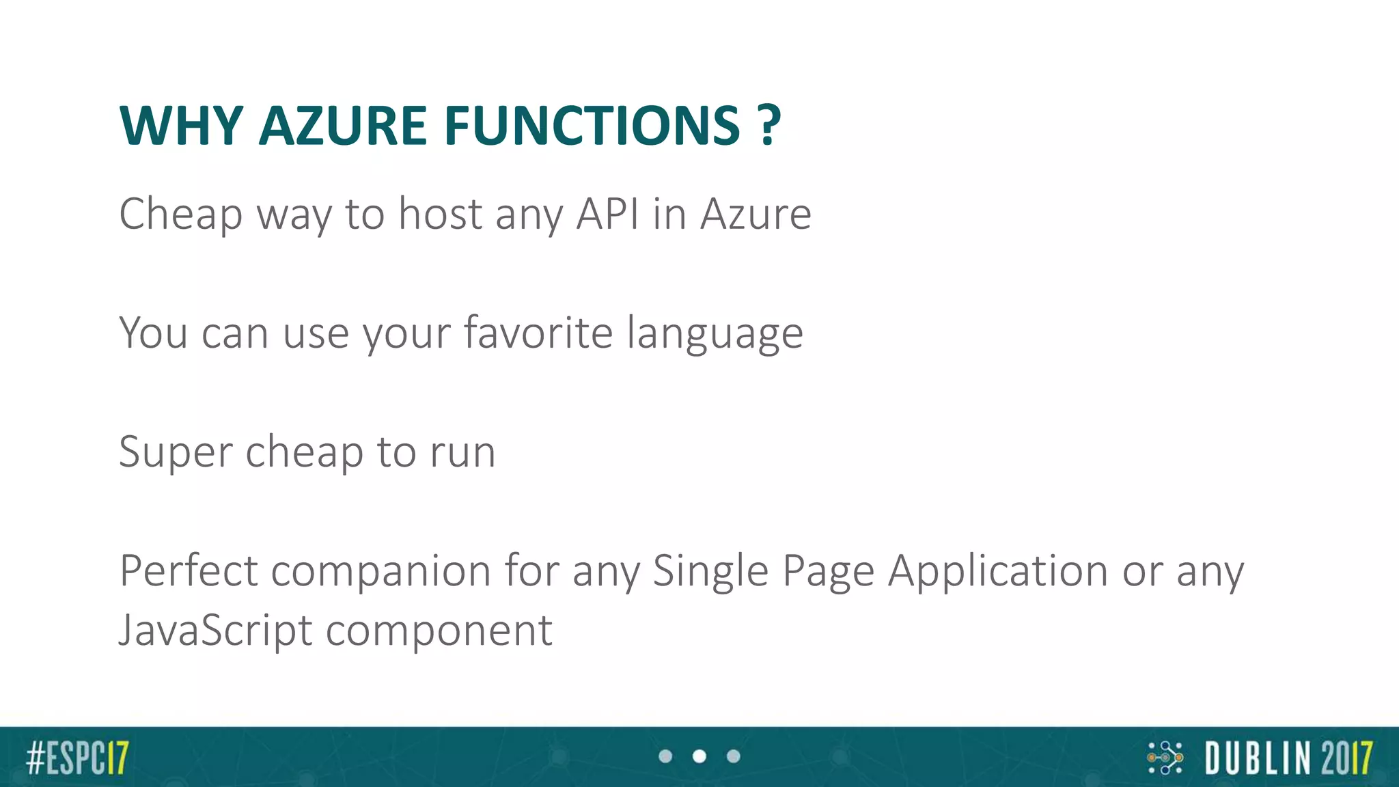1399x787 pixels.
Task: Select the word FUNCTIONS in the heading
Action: (x=592, y=126)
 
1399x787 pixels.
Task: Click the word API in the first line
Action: (x=608, y=214)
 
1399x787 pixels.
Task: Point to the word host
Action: (x=441, y=214)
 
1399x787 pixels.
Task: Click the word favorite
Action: (x=538, y=333)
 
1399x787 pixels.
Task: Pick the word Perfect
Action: (x=189, y=570)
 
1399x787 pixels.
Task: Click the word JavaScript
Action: (x=215, y=631)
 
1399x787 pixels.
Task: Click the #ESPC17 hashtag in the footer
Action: (x=77, y=758)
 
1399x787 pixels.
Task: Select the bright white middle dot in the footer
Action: (x=699, y=756)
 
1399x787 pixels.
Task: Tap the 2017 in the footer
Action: (x=1346, y=758)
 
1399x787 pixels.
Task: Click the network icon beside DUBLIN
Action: (x=1165, y=758)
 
